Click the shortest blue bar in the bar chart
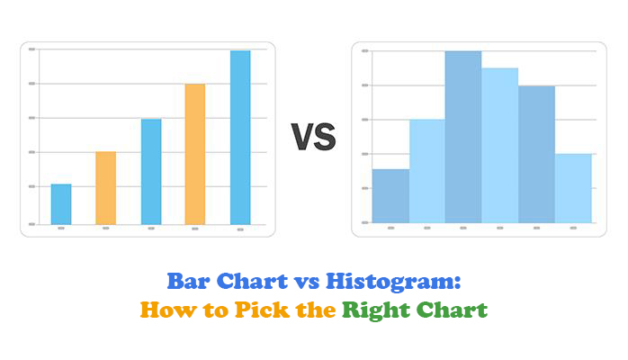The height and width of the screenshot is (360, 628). (61, 204)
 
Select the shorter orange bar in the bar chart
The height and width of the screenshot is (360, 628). (106, 188)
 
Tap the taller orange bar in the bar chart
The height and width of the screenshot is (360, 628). (195, 154)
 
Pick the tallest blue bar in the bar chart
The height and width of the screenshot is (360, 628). (240, 138)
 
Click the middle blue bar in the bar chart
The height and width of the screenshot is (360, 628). (151, 171)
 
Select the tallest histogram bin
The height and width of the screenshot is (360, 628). (463, 137)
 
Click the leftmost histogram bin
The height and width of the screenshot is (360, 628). (390, 196)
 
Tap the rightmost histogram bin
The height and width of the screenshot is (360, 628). (573, 188)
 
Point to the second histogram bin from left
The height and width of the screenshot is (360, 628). (427, 171)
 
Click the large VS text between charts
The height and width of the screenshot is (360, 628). (314, 138)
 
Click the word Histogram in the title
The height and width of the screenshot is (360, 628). (393, 282)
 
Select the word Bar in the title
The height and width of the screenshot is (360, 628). (188, 281)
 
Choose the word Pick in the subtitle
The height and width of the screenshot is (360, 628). (262, 310)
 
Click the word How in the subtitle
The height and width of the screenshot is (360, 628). (168, 310)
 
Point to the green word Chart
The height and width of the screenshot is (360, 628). (453, 310)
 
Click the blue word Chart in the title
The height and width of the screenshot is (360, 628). (252, 281)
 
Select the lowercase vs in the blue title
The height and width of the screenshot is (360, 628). (307, 283)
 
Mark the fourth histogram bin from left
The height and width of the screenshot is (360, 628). (500, 146)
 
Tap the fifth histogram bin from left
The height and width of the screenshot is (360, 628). (537, 154)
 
